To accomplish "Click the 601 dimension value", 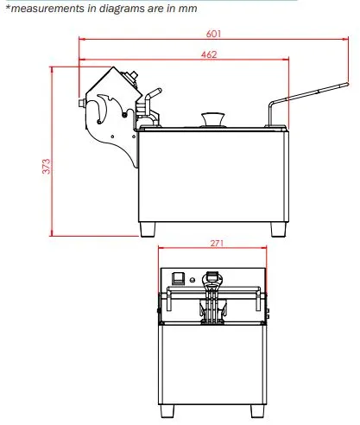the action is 213,34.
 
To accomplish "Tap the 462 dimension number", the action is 209,54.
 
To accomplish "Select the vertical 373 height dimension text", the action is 46,166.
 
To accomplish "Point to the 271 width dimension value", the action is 217,244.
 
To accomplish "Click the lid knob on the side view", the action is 213,118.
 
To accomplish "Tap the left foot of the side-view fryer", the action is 148,230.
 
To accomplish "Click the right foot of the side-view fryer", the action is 278,230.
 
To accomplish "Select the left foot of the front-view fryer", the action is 167,411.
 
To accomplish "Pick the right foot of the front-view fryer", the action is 257,411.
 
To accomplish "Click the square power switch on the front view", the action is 178,278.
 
